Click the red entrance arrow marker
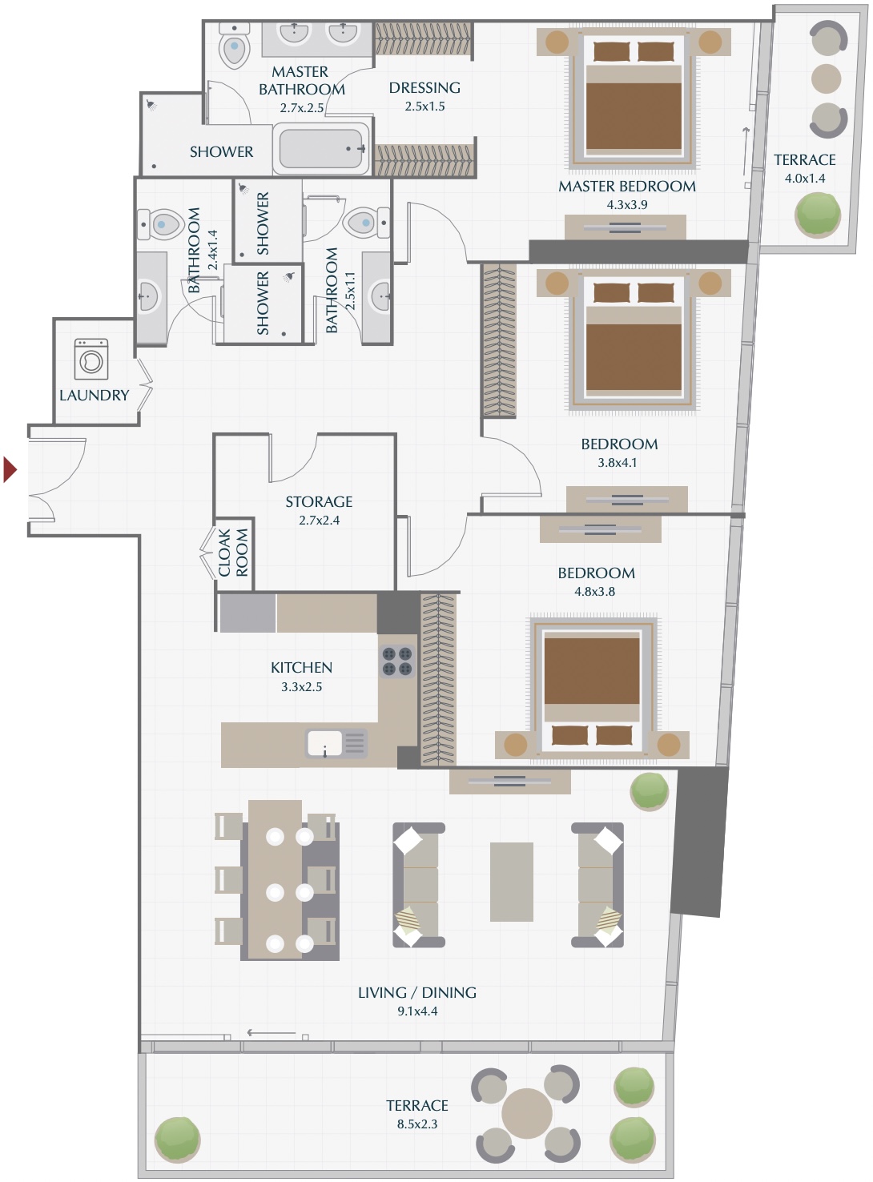pos(10,469)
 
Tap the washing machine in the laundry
pos(91,359)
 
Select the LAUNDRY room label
pos(94,396)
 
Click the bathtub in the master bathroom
pos(320,149)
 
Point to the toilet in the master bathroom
pos(235,47)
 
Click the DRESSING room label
pos(424,88)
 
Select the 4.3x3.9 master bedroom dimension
pos(627,205)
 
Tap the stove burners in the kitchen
pos(397,661)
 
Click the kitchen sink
pos(325,743)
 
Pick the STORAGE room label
pos(319,502)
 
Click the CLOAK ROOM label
pos(233,553)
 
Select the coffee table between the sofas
pos(512,882)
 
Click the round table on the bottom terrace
pos(526,1113)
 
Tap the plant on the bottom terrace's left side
pos(177,1138)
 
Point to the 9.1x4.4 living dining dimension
pos(417,1011)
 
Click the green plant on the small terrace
pos(818,214)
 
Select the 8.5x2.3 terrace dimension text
pos(417,1124)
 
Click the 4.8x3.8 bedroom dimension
pos(595,592)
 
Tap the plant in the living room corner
pos(649,791)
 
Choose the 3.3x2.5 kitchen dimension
pos(301,687)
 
